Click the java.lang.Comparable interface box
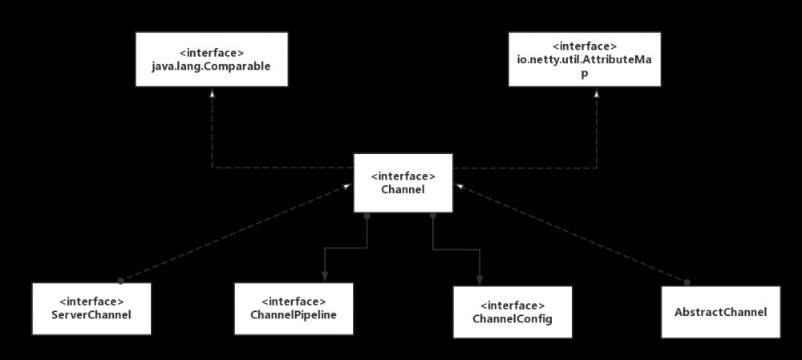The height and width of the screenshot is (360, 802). coord(211,59)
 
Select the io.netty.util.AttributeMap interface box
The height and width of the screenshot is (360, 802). coord(585,59)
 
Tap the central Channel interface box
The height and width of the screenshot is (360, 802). coord(403,183)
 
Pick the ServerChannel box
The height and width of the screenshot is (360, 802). coord(91,308)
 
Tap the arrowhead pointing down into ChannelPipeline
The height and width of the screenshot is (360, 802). coord(324,277)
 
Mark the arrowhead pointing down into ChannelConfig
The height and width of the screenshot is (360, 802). coord(479,281)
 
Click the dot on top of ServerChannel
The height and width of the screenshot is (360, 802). coord(120,281)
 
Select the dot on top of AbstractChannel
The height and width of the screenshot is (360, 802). coord(687,281)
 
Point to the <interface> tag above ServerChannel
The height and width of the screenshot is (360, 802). coord(91,301)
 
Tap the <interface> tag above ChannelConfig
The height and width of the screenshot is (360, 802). coord(513,306)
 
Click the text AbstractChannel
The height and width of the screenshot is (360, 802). coord(721,311)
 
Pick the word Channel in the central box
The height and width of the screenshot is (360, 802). coord(403,189)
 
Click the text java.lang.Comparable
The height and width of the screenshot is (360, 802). coord(211,66)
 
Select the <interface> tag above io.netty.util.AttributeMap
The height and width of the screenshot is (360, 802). coord(585,47)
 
